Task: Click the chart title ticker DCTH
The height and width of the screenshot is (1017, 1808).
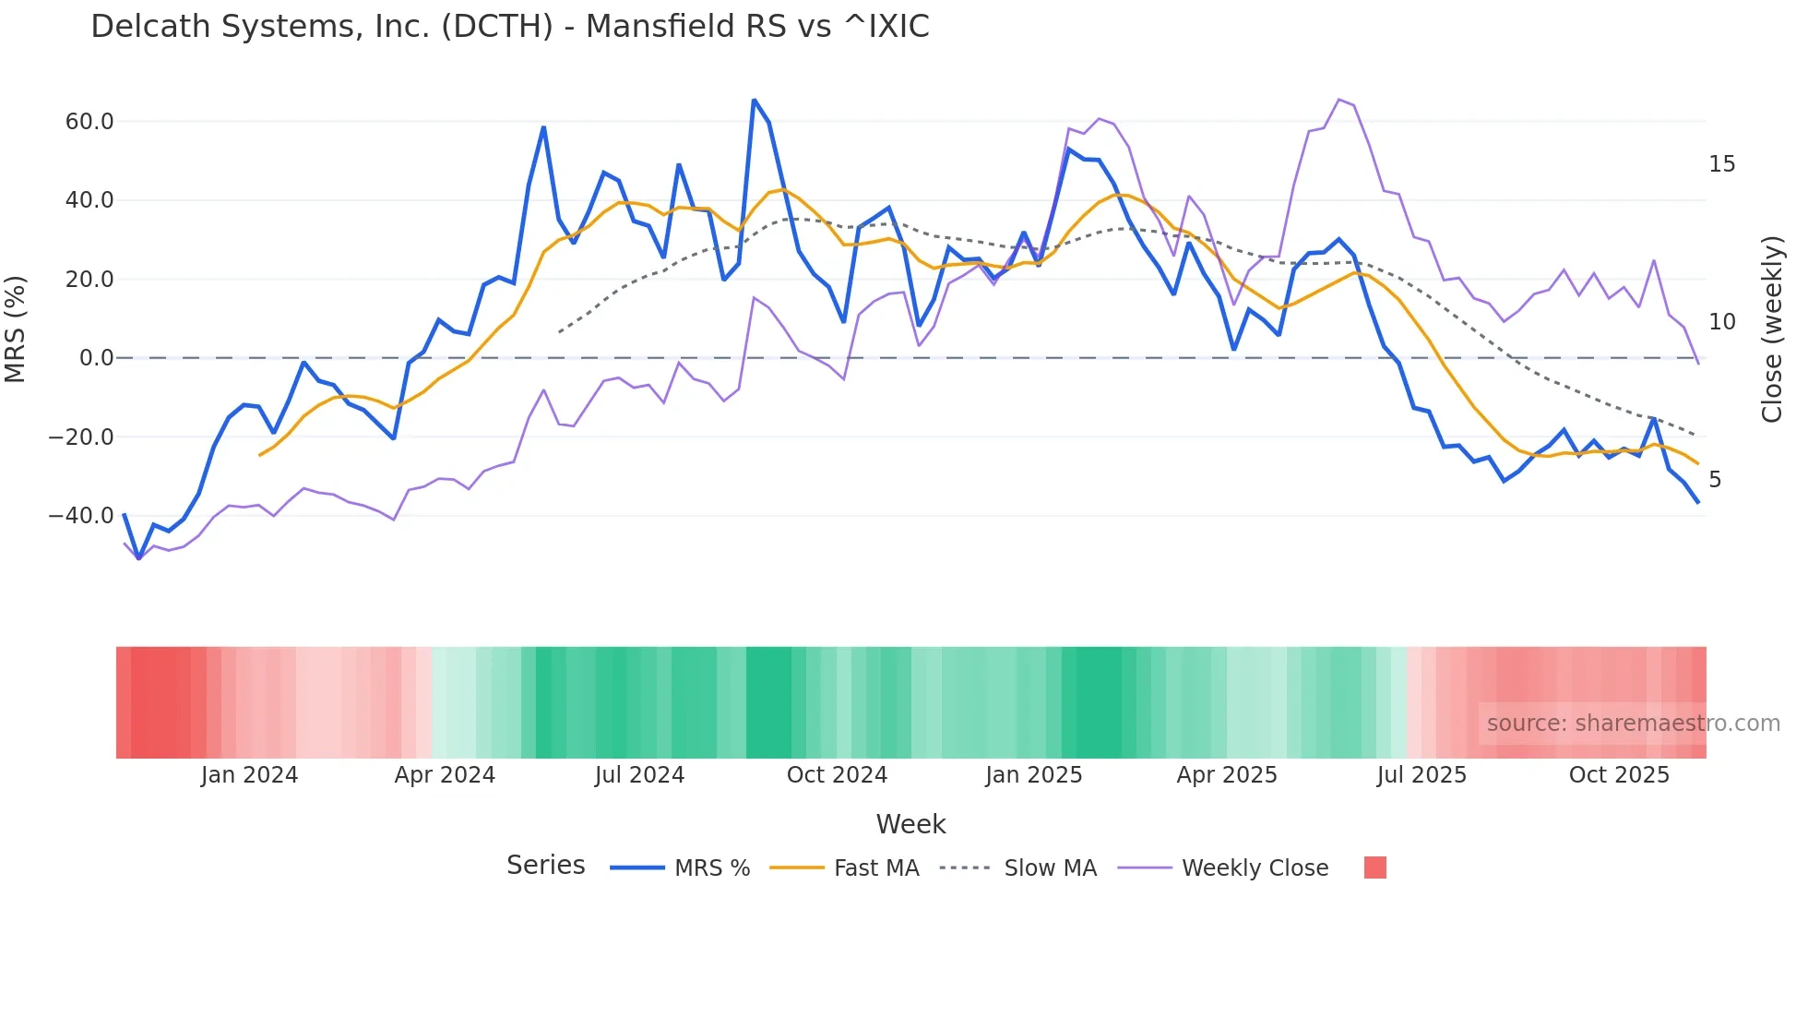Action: click(496, 27)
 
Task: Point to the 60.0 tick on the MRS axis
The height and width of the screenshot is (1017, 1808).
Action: click(89, 122)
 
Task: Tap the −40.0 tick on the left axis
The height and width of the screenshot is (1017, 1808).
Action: click(81, 516)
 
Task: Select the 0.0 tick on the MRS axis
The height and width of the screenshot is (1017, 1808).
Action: click(97, 358)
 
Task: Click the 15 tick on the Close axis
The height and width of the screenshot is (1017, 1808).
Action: click(1721, 164)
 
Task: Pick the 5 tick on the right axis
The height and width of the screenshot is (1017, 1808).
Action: click(1715, 480)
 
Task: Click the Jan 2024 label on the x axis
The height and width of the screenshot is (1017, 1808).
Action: click(249, 775)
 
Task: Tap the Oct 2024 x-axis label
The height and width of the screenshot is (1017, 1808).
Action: click(837, 775)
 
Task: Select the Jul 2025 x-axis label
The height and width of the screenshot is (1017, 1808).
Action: click(1421, 775)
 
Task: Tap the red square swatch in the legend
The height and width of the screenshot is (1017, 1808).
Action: click(1374, 867)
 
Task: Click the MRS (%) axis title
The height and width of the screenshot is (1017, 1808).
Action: click(16, 329)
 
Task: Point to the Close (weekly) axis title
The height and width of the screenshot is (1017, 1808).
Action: click(1771, 329)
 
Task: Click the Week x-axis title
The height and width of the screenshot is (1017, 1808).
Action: click(910, 824)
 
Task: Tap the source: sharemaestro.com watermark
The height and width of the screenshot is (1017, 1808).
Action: click(1633, 724)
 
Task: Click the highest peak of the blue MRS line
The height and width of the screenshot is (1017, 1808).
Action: click(754, 100)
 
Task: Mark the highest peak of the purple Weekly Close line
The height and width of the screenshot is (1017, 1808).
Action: click(1338, 100)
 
